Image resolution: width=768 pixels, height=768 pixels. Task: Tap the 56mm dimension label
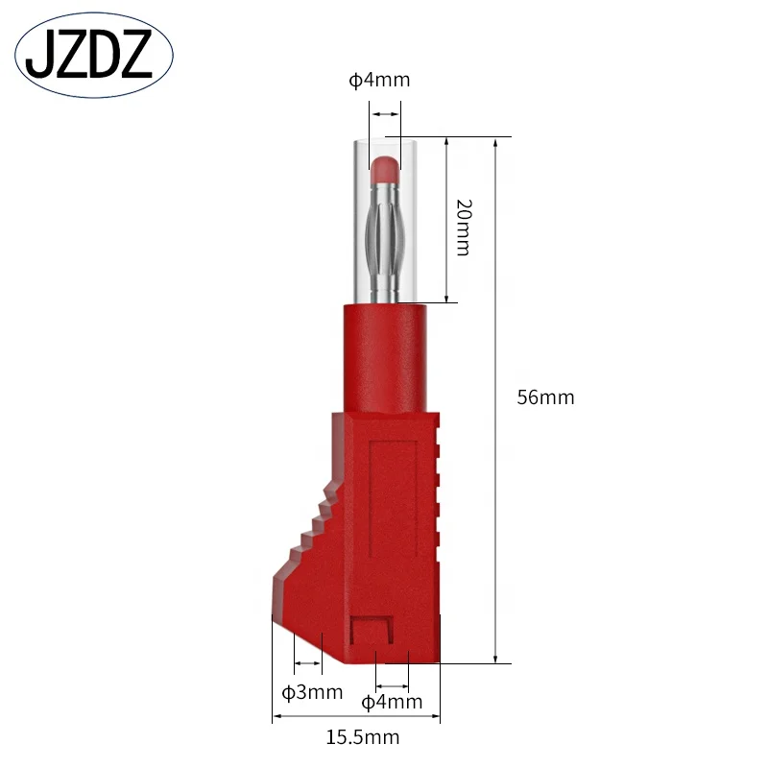point(545,397)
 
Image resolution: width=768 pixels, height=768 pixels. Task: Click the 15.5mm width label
point(362,737)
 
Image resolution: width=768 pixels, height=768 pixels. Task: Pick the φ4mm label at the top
point(379,80)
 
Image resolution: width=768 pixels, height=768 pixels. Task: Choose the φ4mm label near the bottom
point(392,702)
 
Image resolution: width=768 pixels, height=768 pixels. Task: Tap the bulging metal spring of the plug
point(386,235)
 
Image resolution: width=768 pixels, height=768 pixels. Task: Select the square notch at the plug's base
point(372,633)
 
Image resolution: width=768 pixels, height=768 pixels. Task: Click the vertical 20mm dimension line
point(447,220)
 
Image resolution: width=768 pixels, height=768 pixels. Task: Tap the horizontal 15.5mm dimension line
point(357,717)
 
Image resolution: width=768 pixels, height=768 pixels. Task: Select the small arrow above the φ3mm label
point(307,662)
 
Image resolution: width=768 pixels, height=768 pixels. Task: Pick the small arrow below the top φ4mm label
point(386,115)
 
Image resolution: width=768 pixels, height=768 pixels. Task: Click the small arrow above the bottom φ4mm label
point(393,685)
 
